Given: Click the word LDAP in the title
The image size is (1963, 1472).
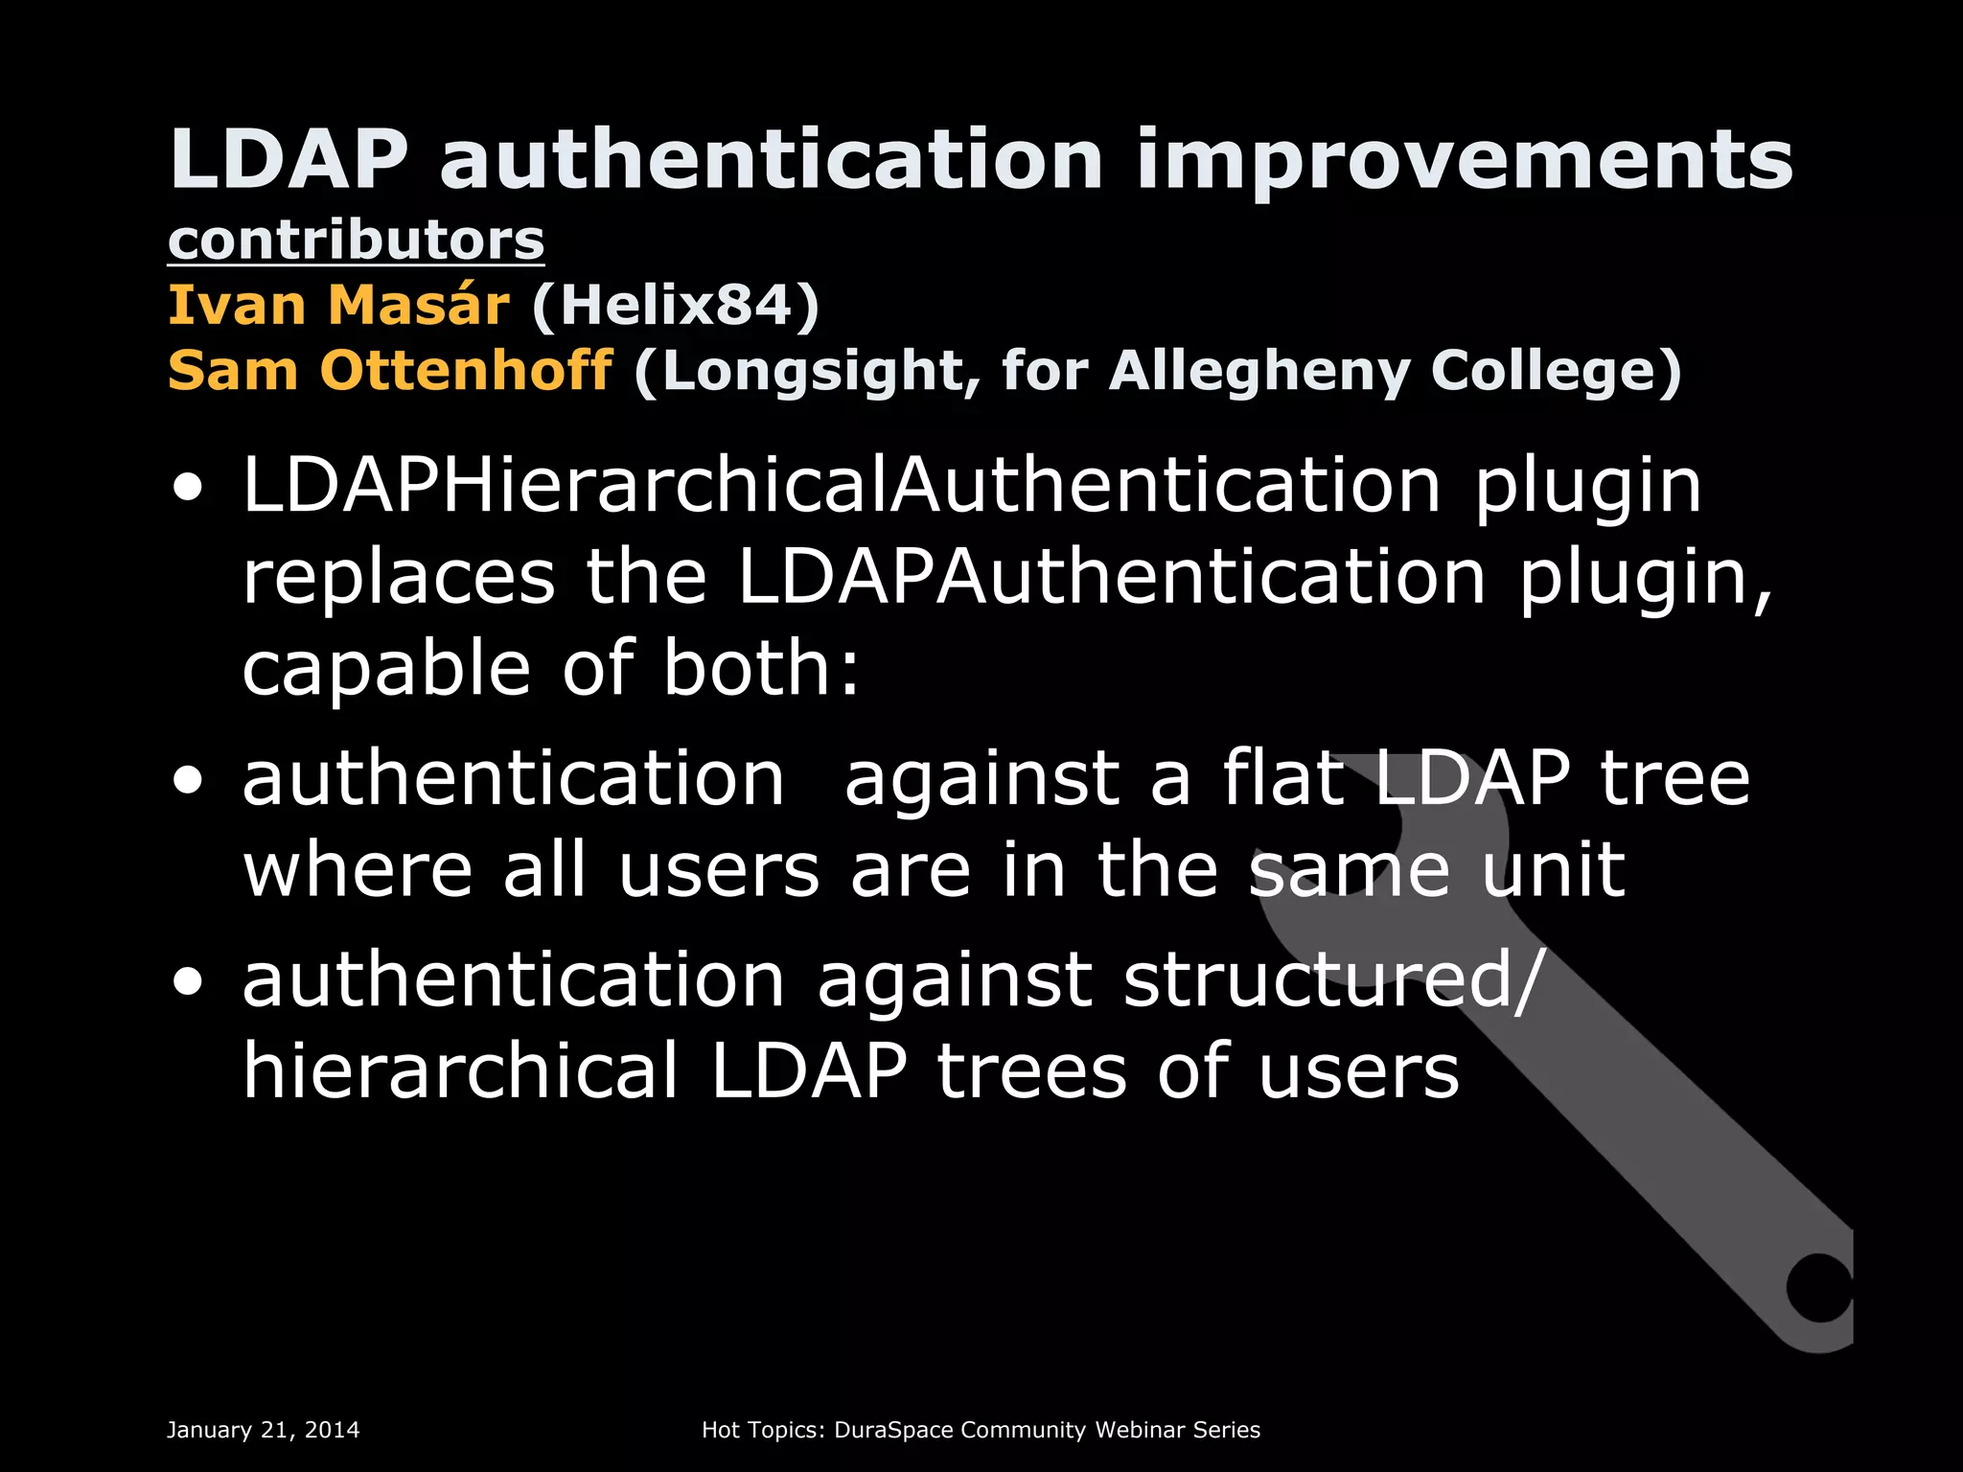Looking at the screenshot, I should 289,160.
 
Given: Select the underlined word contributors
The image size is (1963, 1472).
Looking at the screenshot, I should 356,240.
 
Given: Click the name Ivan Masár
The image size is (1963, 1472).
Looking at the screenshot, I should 338,306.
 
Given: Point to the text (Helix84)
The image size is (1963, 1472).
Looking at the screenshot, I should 676,306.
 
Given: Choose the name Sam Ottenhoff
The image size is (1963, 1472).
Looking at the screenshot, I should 390,371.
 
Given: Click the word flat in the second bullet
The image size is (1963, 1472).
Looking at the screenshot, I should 1282,778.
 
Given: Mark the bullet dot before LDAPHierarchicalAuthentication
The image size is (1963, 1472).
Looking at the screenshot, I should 189,490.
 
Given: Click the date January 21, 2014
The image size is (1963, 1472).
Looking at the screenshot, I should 264,1430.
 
